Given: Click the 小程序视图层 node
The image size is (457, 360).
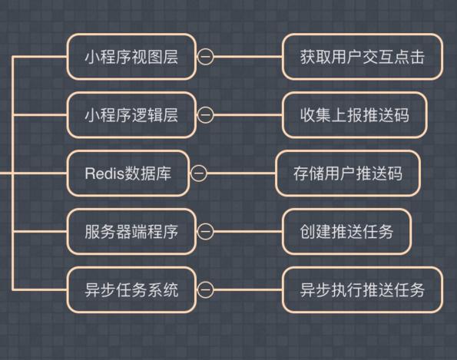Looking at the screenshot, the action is click(131, 57).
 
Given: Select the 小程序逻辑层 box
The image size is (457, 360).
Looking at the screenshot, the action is click(131, 115).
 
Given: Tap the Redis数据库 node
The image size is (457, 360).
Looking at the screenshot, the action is click(128, 173).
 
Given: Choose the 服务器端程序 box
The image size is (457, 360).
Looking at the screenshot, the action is click(131, 232).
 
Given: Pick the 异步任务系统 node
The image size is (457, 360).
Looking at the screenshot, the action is click(131, 290).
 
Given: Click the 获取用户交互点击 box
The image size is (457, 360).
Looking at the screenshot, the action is click(363, 57).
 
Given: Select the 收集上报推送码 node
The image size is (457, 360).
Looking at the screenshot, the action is click(354, 115).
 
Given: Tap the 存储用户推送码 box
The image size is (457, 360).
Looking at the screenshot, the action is click(348, 173).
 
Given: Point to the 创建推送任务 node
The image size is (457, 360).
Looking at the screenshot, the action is click(346, 232).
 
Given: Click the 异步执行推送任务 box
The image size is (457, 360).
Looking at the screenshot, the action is click(363, 290).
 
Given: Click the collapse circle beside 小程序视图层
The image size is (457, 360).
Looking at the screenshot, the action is click(206, 57).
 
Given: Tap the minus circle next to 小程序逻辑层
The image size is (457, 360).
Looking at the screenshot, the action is click(206, 115).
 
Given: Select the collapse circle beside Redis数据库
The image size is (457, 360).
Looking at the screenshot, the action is click(199, 173).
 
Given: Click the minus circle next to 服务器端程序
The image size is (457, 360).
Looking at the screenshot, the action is click(206, 232).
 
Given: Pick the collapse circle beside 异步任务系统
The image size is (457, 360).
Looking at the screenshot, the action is click(206, 290).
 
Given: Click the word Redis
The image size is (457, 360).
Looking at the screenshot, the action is click(104, 173).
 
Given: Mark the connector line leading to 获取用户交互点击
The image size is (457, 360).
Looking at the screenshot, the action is click(248, 57).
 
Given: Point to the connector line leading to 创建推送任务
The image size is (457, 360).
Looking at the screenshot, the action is click(248, 232).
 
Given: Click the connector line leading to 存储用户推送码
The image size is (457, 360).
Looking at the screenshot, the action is click(241, 173).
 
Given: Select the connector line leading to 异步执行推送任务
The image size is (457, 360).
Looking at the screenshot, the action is click(248, 290).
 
